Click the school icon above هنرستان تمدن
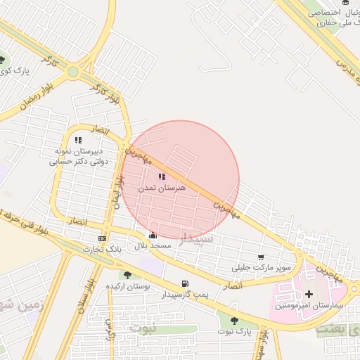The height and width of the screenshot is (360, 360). pos(162,177)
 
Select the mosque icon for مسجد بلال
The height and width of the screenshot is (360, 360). pos(153,236)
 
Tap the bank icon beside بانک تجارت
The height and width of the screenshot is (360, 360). pos(103,238)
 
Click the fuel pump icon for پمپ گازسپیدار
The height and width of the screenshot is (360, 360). pos(185,284)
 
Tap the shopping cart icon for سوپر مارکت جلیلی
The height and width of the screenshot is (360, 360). pos(262,257)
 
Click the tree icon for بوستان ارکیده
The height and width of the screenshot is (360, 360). pos(127,275)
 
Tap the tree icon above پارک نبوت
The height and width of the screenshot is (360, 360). pos(234,321)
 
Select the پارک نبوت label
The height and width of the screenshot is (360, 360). pos(234,331)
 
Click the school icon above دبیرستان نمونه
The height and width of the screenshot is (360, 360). pos(78,140)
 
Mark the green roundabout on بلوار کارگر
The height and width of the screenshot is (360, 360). pos(73,72)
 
